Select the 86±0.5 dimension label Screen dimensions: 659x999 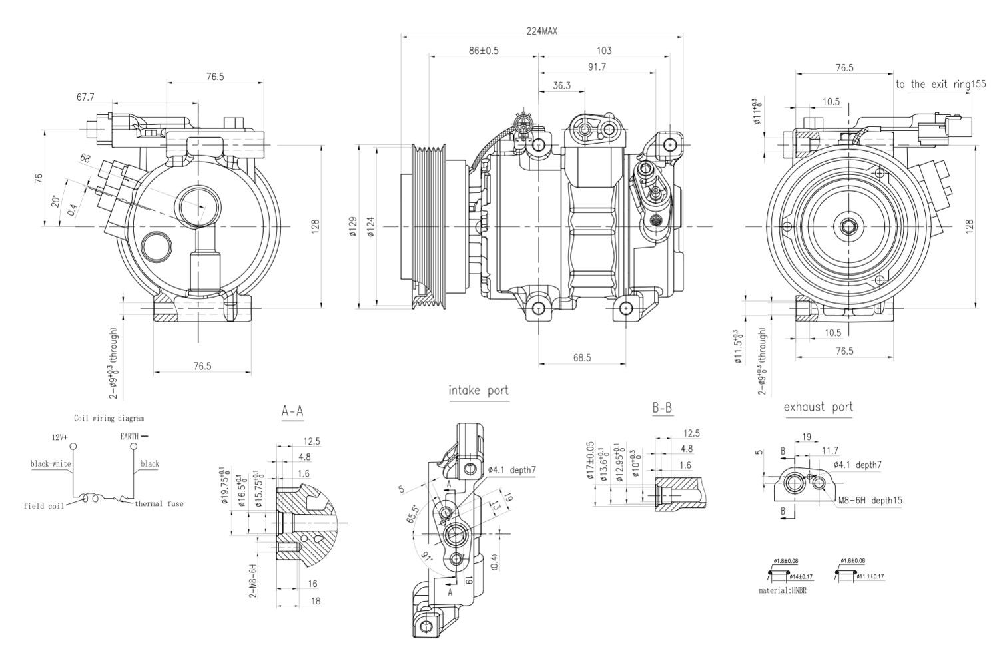[x=484, y=50]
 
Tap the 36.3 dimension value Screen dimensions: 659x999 [x=561, y=85]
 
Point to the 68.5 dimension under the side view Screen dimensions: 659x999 [x=581, y=357]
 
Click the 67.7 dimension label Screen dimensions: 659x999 [x=85, y=97]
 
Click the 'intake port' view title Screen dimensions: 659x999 [x=478, y=391]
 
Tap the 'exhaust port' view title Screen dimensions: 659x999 [x=818, y=407]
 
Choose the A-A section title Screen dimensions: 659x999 [x=292, y=411]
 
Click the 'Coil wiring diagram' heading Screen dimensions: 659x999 [x=109, y=419]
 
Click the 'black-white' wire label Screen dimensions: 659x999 [x=51, y=463]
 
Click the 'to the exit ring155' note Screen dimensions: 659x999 [x=940, y=85]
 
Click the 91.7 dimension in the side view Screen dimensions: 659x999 [x=596, y=67]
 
